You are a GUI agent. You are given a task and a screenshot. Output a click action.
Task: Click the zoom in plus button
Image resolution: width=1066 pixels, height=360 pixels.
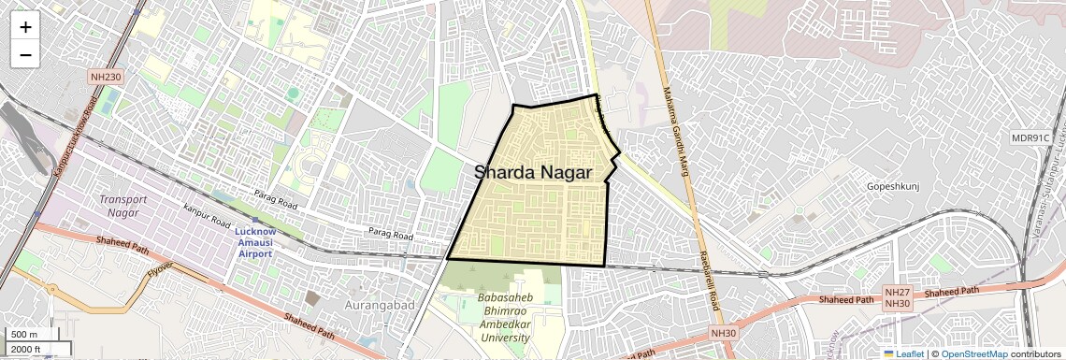point(25,26)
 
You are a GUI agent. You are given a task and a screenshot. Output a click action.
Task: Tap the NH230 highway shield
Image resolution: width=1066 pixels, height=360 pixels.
point(107,76)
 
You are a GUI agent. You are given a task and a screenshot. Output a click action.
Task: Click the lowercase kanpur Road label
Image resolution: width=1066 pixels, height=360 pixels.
point(207,217)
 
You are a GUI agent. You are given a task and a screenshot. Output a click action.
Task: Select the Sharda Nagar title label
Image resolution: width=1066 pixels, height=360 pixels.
point(532,173)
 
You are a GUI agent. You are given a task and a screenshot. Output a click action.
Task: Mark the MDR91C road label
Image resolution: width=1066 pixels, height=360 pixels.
point(1031,137)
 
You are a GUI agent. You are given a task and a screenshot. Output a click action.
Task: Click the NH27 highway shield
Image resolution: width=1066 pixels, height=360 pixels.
point(897,292)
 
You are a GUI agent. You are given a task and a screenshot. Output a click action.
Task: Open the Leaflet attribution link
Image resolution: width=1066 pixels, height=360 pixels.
point(904,353)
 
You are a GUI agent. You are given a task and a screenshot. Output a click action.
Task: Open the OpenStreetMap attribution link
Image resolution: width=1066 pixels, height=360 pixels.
point(973,353)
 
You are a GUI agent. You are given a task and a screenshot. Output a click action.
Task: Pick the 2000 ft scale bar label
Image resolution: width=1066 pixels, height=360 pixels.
point(27,349)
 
